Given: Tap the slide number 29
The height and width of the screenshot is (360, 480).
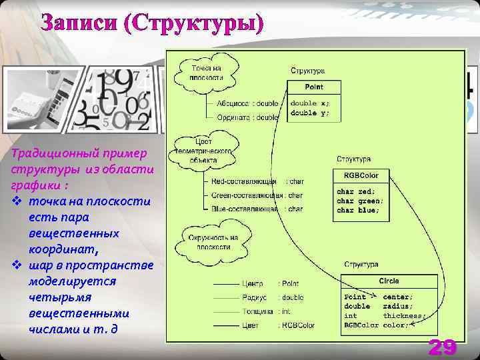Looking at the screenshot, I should pyautogui.click(x=442, y=347).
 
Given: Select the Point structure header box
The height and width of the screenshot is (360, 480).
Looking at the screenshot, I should pyautogui.click(x=314, y=87).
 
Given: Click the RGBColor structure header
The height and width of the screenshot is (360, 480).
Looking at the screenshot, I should pyautogui.click(x=361, y=175).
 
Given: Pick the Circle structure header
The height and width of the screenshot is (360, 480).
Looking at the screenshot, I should pyautogui.click(x=389, y=281).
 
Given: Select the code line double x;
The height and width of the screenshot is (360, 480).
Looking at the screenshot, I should pyautogui.click(x=309, y=103).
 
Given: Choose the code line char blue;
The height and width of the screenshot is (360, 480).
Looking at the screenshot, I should pyautogui.click(x=358, y=210).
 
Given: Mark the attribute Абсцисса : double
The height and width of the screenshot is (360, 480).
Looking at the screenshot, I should pyautogui.click(x=247, y=103).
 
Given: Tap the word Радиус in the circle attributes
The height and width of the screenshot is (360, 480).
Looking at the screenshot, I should pyautogui.click(x=255, y=297).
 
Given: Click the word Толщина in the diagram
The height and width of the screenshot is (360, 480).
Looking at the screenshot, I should pyautogui.click(x=257, y=311).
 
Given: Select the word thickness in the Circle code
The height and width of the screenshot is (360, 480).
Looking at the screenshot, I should pyautogui.click(x=404, y=315).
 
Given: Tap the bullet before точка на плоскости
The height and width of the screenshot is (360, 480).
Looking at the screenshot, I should pyautogui.click(x=17, y=201).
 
